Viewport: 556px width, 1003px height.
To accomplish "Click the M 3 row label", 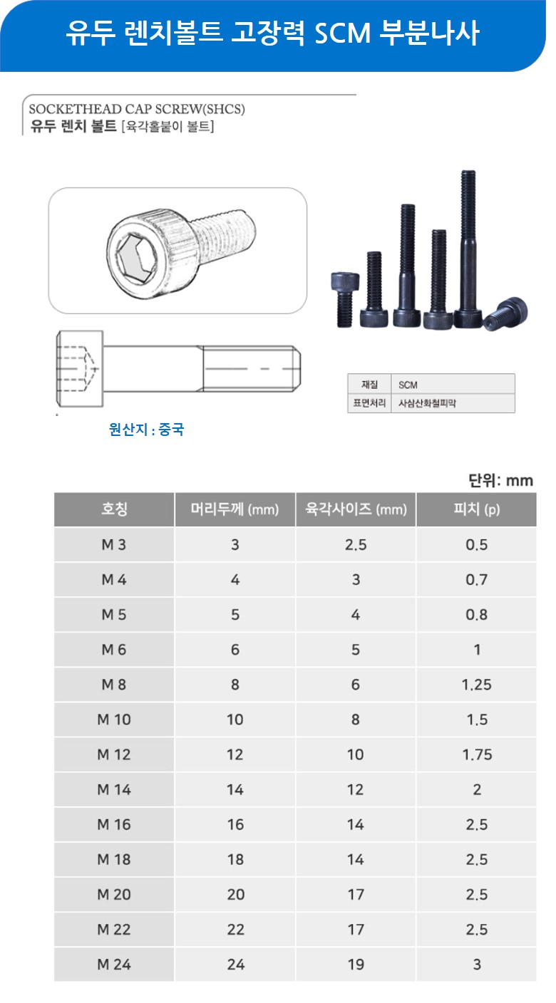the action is pos(114,544).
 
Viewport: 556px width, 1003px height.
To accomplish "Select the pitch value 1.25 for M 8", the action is pos(476,684).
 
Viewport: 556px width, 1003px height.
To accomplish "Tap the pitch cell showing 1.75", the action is pos(477,754).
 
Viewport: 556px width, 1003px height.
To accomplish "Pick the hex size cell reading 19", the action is pos(356,964).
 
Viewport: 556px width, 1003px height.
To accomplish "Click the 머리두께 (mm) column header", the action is pos(235,509).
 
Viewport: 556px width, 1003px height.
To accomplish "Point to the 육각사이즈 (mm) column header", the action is pos(356,509).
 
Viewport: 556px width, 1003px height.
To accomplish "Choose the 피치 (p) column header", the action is pos(476,509).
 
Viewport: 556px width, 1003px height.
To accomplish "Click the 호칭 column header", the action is pos(114,509).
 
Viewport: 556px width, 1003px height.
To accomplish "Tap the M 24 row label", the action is pos(114,964).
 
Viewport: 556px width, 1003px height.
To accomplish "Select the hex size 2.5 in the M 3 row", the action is pos(356,544).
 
